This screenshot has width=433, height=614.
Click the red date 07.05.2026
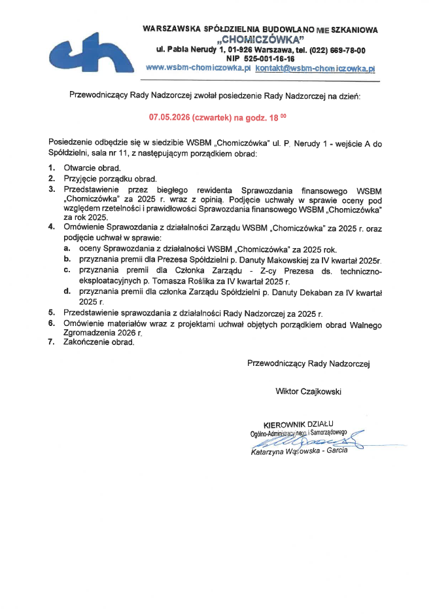171,118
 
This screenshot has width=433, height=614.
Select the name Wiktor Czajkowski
309,391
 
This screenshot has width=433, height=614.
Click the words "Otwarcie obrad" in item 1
92,168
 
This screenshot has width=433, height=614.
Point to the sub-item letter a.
67,249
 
